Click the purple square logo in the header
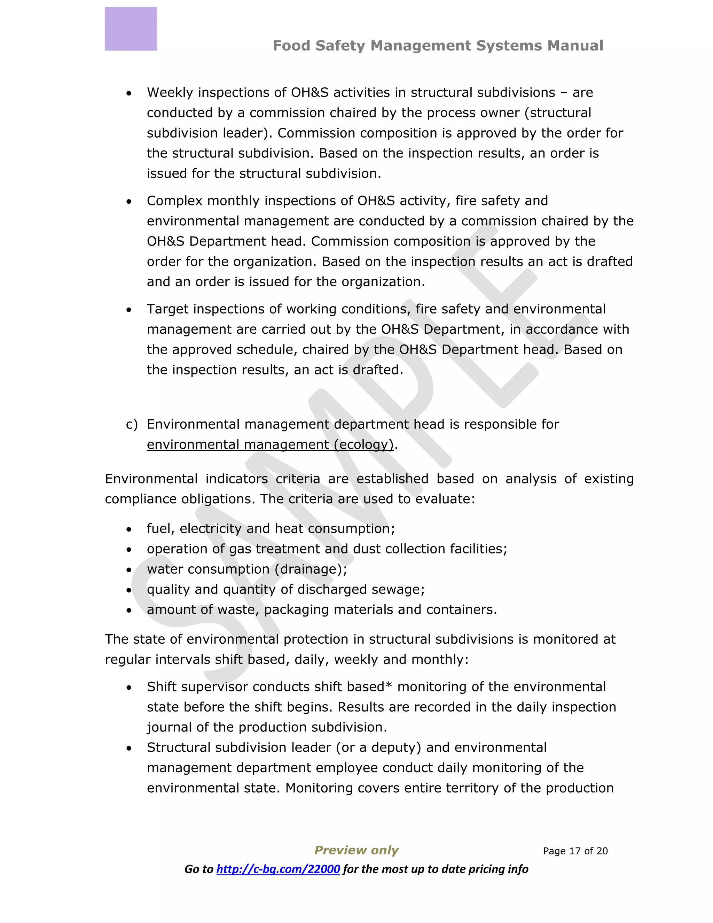tap(131, 29)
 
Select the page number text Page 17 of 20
tap(575, 851)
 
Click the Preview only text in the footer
tap(356, 850)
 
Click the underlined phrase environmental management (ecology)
tap(270, 444)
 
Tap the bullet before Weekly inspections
tap(129, 93)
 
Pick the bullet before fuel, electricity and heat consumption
tap(129, 529)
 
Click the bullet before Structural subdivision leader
tap(129, 749)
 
